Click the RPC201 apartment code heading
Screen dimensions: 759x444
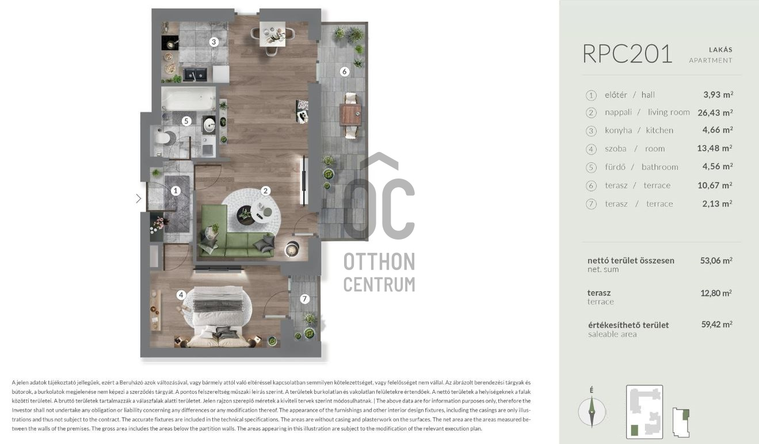tap(627, 54)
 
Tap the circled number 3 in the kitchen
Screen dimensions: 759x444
tap(213, 42)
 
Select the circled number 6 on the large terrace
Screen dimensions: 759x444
tap(344, 71)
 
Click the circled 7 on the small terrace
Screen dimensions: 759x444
tap(304, 299)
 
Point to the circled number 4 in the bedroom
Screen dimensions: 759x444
tap(181, 295)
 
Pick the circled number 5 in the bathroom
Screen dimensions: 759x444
tap(186, 121)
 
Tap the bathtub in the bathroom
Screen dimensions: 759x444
tap(188, 98)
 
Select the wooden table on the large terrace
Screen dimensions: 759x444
tap(350, 115)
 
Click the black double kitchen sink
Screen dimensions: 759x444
tap(195, 75)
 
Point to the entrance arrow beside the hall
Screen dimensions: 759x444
tap(138, 199)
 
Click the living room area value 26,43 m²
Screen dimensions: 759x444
tap(715, 112)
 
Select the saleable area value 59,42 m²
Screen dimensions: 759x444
tap(716, 324)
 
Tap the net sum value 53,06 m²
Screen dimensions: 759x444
tap(716, 260)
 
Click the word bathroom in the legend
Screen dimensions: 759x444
tap(659, 167)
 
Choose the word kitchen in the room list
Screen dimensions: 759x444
tap(659, 130)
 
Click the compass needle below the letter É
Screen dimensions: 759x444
tap(592, 412)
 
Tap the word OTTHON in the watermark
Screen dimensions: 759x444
tap(379, 261)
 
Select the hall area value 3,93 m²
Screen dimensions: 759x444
tap(718, 94)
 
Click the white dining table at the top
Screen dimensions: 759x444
tap(272, 34)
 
